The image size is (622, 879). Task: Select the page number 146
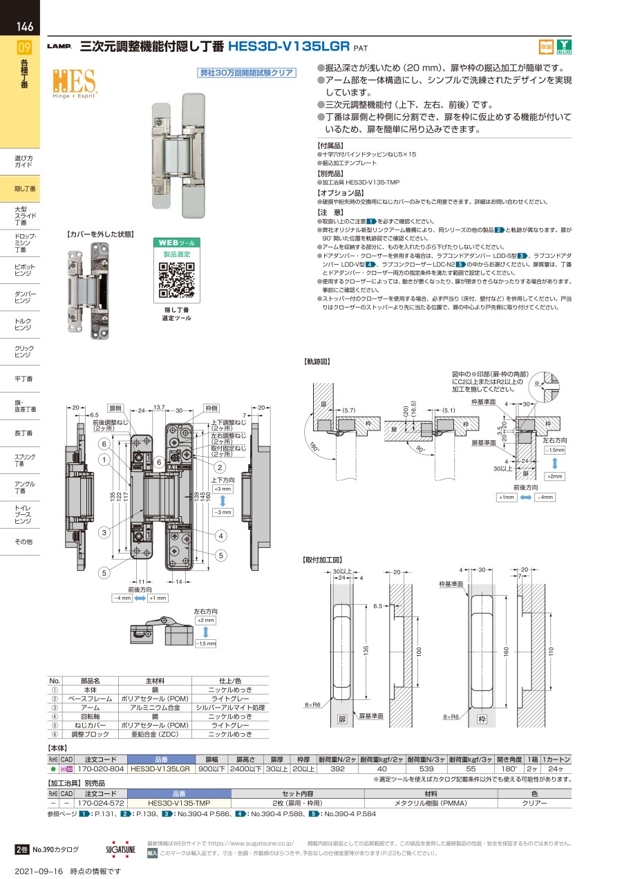[25, 28]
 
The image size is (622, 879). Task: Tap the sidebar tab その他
[23, 542]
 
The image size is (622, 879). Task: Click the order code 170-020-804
[100, 768]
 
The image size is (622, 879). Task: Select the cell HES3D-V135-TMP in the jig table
[178, 804]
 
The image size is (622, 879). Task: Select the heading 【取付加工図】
[322, 559]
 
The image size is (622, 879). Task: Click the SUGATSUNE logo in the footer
[121, 849]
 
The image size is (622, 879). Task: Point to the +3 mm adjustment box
[223, 489]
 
